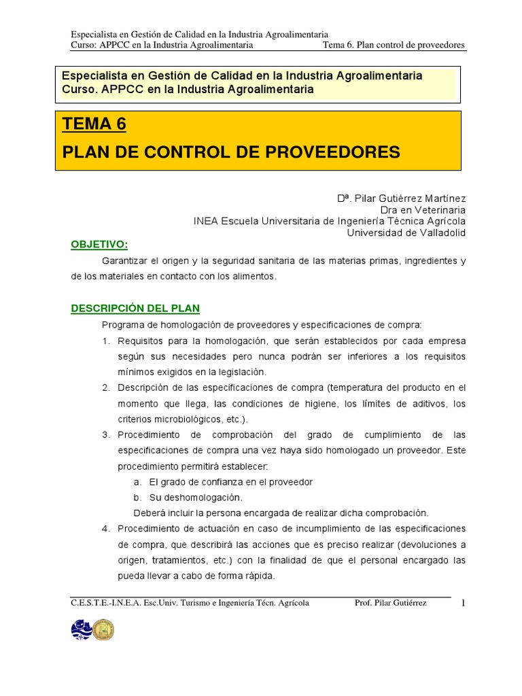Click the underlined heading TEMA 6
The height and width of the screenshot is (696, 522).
pos(94,124)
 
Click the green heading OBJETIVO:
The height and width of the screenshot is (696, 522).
pos(100,245)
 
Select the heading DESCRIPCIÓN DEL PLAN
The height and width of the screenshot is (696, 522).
pos(135,308)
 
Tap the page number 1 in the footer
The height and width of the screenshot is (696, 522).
pos(462,604)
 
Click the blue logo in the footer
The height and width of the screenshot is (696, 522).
pos(81,629)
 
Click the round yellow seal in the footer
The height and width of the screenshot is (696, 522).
pos(103,629)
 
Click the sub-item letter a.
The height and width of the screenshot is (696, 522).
pos(137,482)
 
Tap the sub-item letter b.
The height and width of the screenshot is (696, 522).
pos(137,498)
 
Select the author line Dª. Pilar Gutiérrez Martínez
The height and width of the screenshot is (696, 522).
pos(402,198)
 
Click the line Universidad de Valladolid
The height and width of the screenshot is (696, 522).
pos(406,232)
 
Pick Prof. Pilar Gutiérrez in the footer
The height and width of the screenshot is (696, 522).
pos(391,603)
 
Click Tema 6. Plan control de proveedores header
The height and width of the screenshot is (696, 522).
pos(395,45)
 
